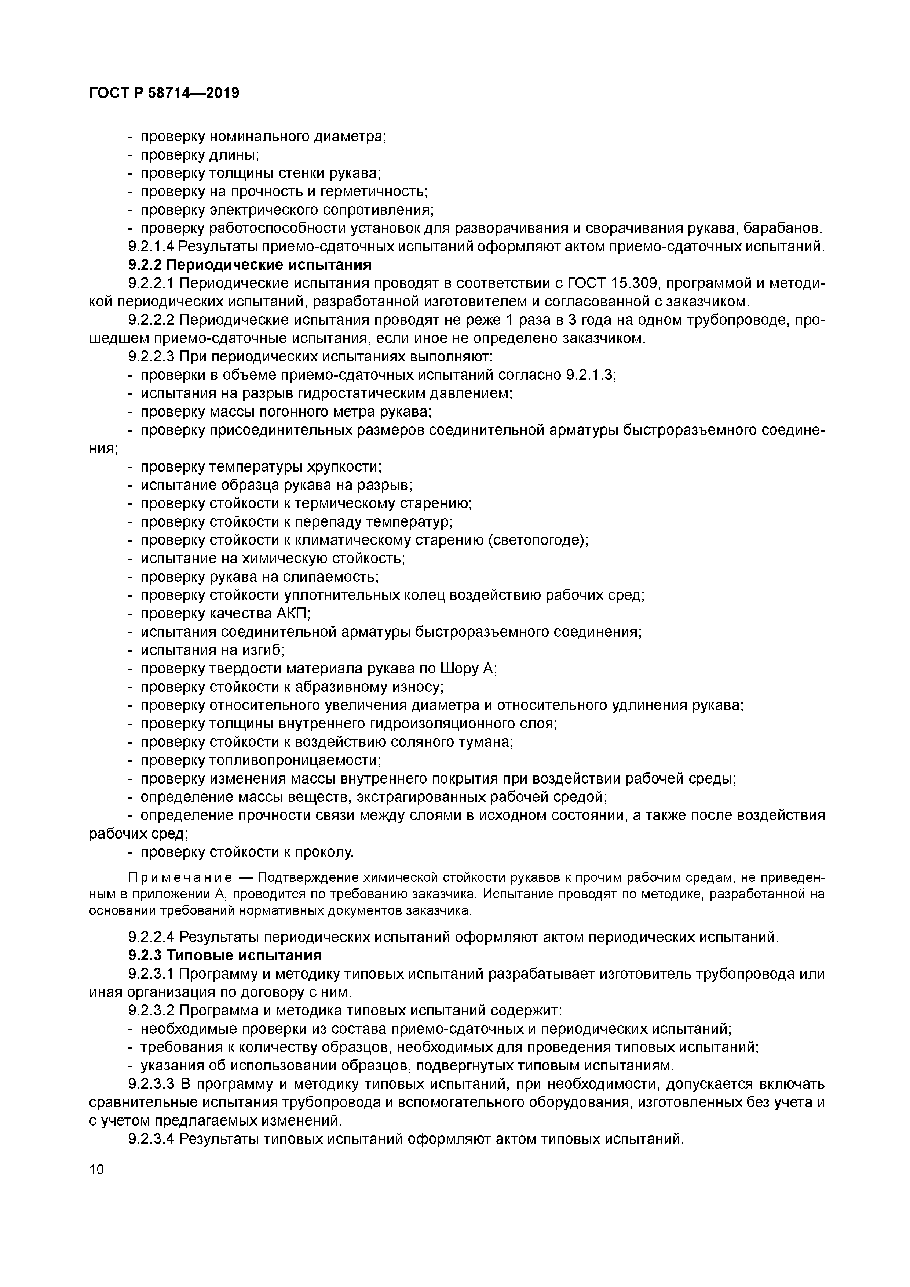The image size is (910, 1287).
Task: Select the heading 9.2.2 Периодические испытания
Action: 250,265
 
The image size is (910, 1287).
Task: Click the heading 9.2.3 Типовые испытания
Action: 225,955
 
